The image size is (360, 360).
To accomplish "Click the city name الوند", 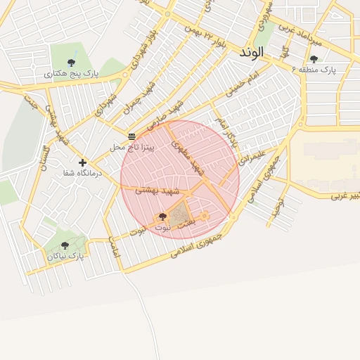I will click(251, 52).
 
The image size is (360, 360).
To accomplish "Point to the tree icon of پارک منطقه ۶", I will click(314, 59).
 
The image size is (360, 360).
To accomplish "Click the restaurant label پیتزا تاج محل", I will click(127, 147).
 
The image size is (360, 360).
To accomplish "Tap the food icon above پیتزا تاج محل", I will click(131, 135).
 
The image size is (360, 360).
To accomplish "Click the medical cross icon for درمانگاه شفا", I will click(82, 162).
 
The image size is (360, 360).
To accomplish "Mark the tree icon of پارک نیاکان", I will click(65, 245).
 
